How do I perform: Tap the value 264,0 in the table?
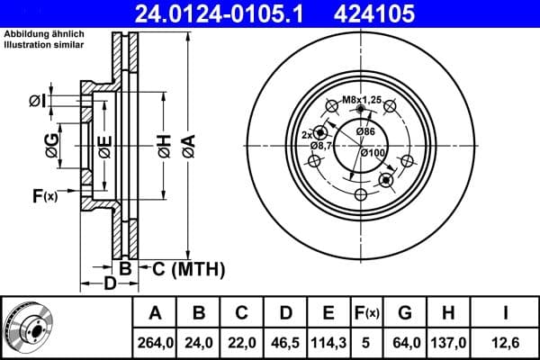pos(155,342)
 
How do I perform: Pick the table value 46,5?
pos(285,342)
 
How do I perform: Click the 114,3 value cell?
pos(328,342)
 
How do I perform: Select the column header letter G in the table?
pos(404,313)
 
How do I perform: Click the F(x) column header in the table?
pos(367,313)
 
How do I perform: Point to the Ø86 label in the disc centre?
pos(365,132)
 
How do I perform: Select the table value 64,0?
pos(404,342)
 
